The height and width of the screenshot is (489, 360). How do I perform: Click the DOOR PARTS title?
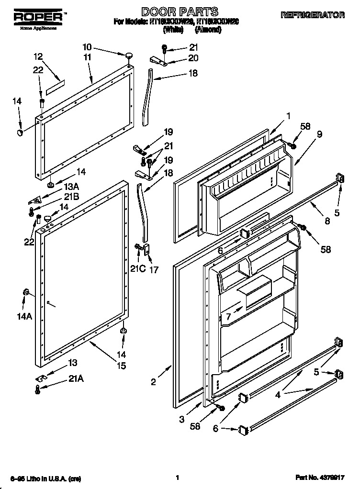click(180, 11)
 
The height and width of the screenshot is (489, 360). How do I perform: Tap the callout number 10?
click(87, 47)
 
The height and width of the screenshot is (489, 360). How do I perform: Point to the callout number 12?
click(38, 56)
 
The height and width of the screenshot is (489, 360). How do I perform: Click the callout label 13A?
click(71, 187)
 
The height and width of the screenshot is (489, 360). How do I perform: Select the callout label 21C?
click(137, 268)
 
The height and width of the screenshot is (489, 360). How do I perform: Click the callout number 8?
click(327, 221)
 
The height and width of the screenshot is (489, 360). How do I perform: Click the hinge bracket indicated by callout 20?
click(158, 60)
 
